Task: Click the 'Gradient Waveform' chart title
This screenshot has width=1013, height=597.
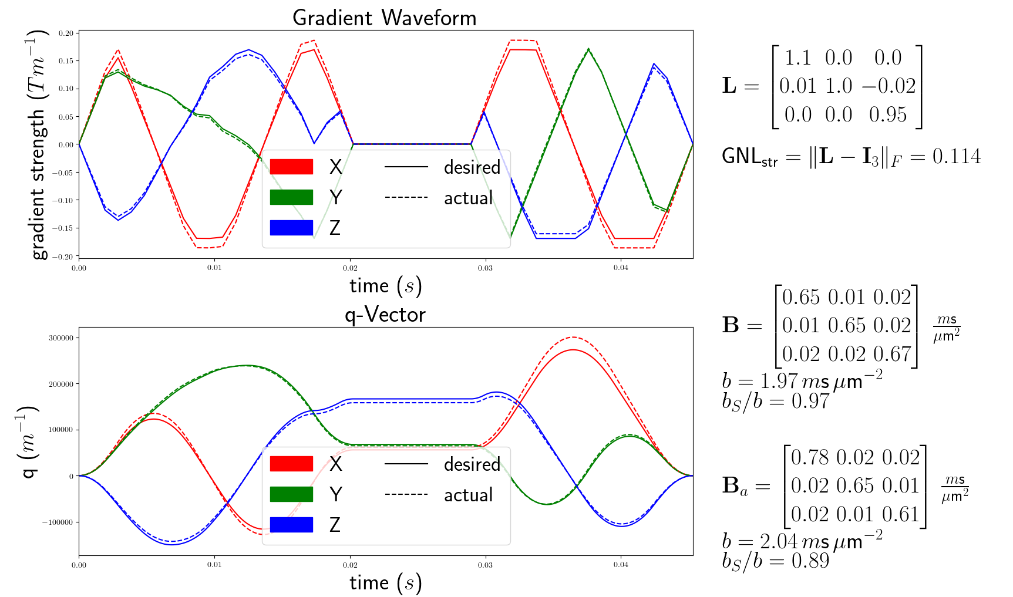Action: [x=384, y=18]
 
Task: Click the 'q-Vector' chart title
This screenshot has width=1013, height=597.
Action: [x=385, y=315]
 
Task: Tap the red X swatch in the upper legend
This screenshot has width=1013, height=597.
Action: [x=291, y=167]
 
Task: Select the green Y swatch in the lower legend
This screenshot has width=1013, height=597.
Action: [x=291, y=494]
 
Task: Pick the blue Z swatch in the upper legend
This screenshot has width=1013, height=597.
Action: [x=291, y=228]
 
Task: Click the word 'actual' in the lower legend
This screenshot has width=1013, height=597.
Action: [x=468, y=495]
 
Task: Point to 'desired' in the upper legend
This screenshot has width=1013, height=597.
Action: [x=472, y=167]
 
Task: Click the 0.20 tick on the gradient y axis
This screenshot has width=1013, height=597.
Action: [x=66, y=33]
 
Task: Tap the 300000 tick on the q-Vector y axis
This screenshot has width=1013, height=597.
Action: [x=61, y=338]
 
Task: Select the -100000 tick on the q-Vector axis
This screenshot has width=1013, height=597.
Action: [x=59, y=522]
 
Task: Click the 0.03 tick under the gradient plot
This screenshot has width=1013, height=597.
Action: [x=485, y=268]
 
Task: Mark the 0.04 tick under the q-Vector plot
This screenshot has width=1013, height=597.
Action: [x=621, y=565]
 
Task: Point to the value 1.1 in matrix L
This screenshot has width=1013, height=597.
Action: [x=797, y=58]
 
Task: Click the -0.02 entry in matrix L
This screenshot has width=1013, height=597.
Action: [x=889, y=86]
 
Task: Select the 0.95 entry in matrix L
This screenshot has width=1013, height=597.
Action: [x=888, y=114]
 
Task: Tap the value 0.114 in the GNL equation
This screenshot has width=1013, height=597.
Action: [x=957, y=156]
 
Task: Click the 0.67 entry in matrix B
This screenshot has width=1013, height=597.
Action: [x=892, y=354]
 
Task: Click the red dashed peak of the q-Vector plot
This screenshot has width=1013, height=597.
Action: [x=573, y=338]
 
